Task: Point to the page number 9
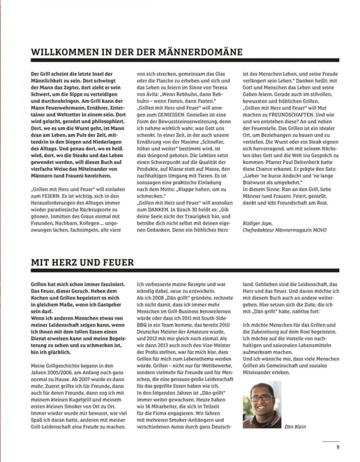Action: tap(337, 446)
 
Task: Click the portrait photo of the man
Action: tap(262, 404)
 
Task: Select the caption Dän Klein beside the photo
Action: tap(295, 426)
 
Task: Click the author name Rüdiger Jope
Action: tap(257, 224)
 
